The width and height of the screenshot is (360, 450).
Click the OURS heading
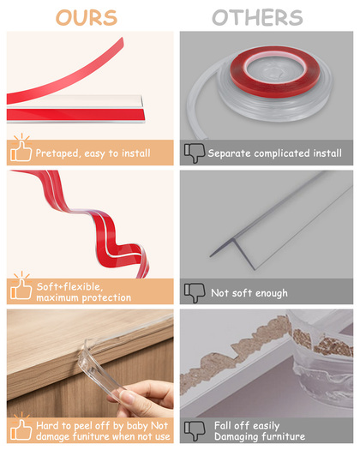point(87,17)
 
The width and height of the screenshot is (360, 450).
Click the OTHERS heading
point(257,17)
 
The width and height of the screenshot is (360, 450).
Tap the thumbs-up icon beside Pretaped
point(21,148)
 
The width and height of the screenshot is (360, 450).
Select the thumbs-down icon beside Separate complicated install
point(195,153)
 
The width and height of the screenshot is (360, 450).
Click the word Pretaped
point(57,153)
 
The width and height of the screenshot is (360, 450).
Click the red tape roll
point(275,71)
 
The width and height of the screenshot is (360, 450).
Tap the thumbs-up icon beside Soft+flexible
point(21,286)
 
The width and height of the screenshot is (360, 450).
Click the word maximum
point(57,298)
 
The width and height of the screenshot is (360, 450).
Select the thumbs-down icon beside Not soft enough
point(195,293)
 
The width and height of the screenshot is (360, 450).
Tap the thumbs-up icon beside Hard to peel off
point(21,427)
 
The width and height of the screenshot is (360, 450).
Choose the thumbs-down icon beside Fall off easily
point(195,430)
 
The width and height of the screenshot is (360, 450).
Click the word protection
point(106,298)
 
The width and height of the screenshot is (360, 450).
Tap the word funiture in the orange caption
point(90,437)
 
